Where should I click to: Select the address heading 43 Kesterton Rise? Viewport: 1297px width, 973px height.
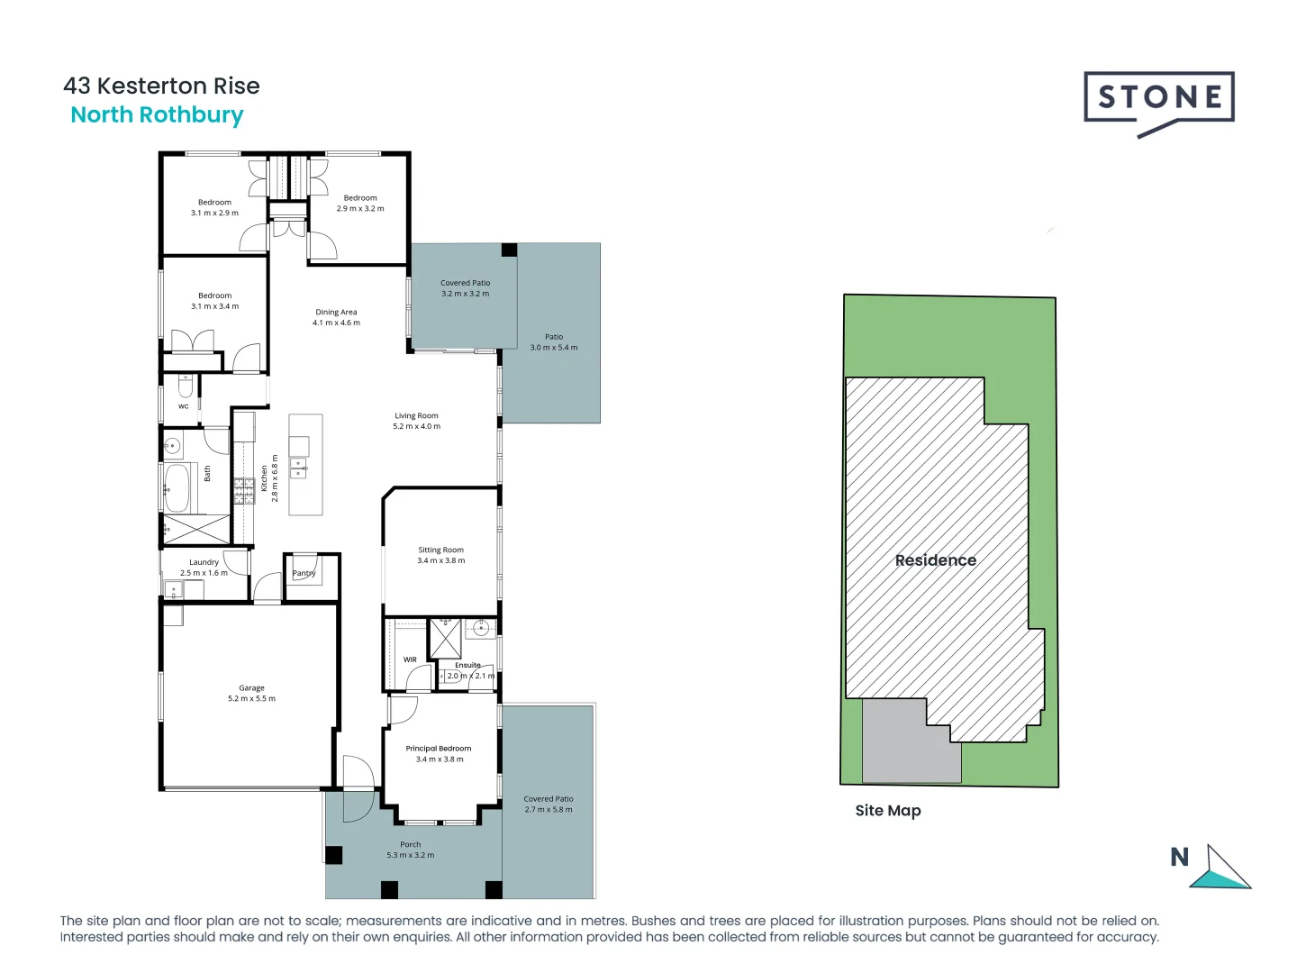pos(161,86)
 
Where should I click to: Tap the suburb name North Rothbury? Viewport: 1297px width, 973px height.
pos(157,115)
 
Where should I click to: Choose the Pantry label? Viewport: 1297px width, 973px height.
pos(304,573)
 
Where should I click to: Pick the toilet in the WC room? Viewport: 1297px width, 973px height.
pos(186,387)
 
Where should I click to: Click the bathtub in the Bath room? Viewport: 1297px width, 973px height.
pos(177,487)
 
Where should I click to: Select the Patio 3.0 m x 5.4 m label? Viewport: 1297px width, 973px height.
pos(554,341)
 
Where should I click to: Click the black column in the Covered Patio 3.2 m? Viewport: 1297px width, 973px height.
pos(509,250)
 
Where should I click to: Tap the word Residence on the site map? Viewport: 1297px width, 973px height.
pos(935,560)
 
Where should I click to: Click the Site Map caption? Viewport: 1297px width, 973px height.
pos(888,811)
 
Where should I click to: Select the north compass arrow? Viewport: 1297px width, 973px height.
pos(1223,870)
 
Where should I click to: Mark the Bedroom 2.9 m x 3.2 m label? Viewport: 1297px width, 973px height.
pos(360,203)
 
